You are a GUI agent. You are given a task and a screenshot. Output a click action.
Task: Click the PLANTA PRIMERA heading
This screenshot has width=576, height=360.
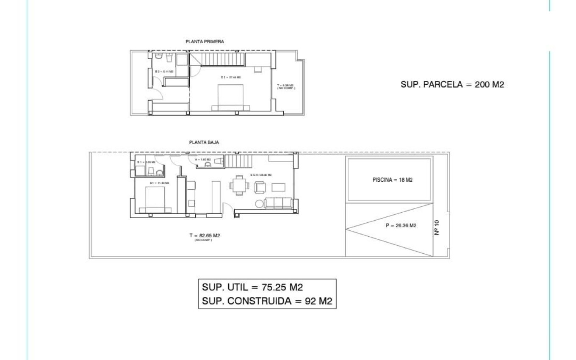tap(205, 42)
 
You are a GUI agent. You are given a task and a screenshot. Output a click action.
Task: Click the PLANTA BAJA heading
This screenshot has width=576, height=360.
tap(204, 143)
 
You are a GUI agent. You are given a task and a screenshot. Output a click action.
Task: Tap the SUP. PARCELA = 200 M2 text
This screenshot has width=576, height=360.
tap(452, 85)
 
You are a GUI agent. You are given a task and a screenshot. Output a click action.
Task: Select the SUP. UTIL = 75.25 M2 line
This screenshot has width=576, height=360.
tap(252, 288)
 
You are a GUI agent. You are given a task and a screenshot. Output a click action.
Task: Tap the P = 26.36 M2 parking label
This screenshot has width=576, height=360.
tap(401, 225)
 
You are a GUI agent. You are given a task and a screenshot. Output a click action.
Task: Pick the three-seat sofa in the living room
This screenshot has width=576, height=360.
tap(279, 203)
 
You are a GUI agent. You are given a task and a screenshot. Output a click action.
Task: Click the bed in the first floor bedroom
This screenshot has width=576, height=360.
tap(230, 97)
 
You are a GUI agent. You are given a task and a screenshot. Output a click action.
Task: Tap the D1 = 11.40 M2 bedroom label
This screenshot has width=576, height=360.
tap(160, 183)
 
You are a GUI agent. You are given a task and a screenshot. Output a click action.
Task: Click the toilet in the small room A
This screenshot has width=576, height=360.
tap(208, 165)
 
